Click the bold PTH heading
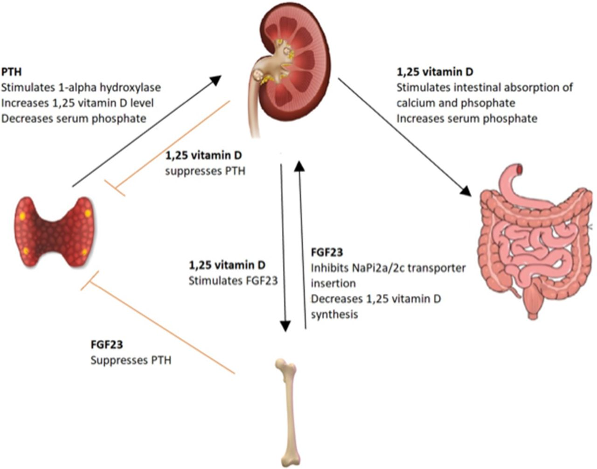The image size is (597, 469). coord(11,73)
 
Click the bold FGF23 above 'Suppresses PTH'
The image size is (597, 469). coord(107,345)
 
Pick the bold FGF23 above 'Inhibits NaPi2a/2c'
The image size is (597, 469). coord(327,252)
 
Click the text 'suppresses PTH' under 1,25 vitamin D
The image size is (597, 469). coord(205,171)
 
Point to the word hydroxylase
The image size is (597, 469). coord(134,87)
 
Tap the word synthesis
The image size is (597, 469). coord(334,314)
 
